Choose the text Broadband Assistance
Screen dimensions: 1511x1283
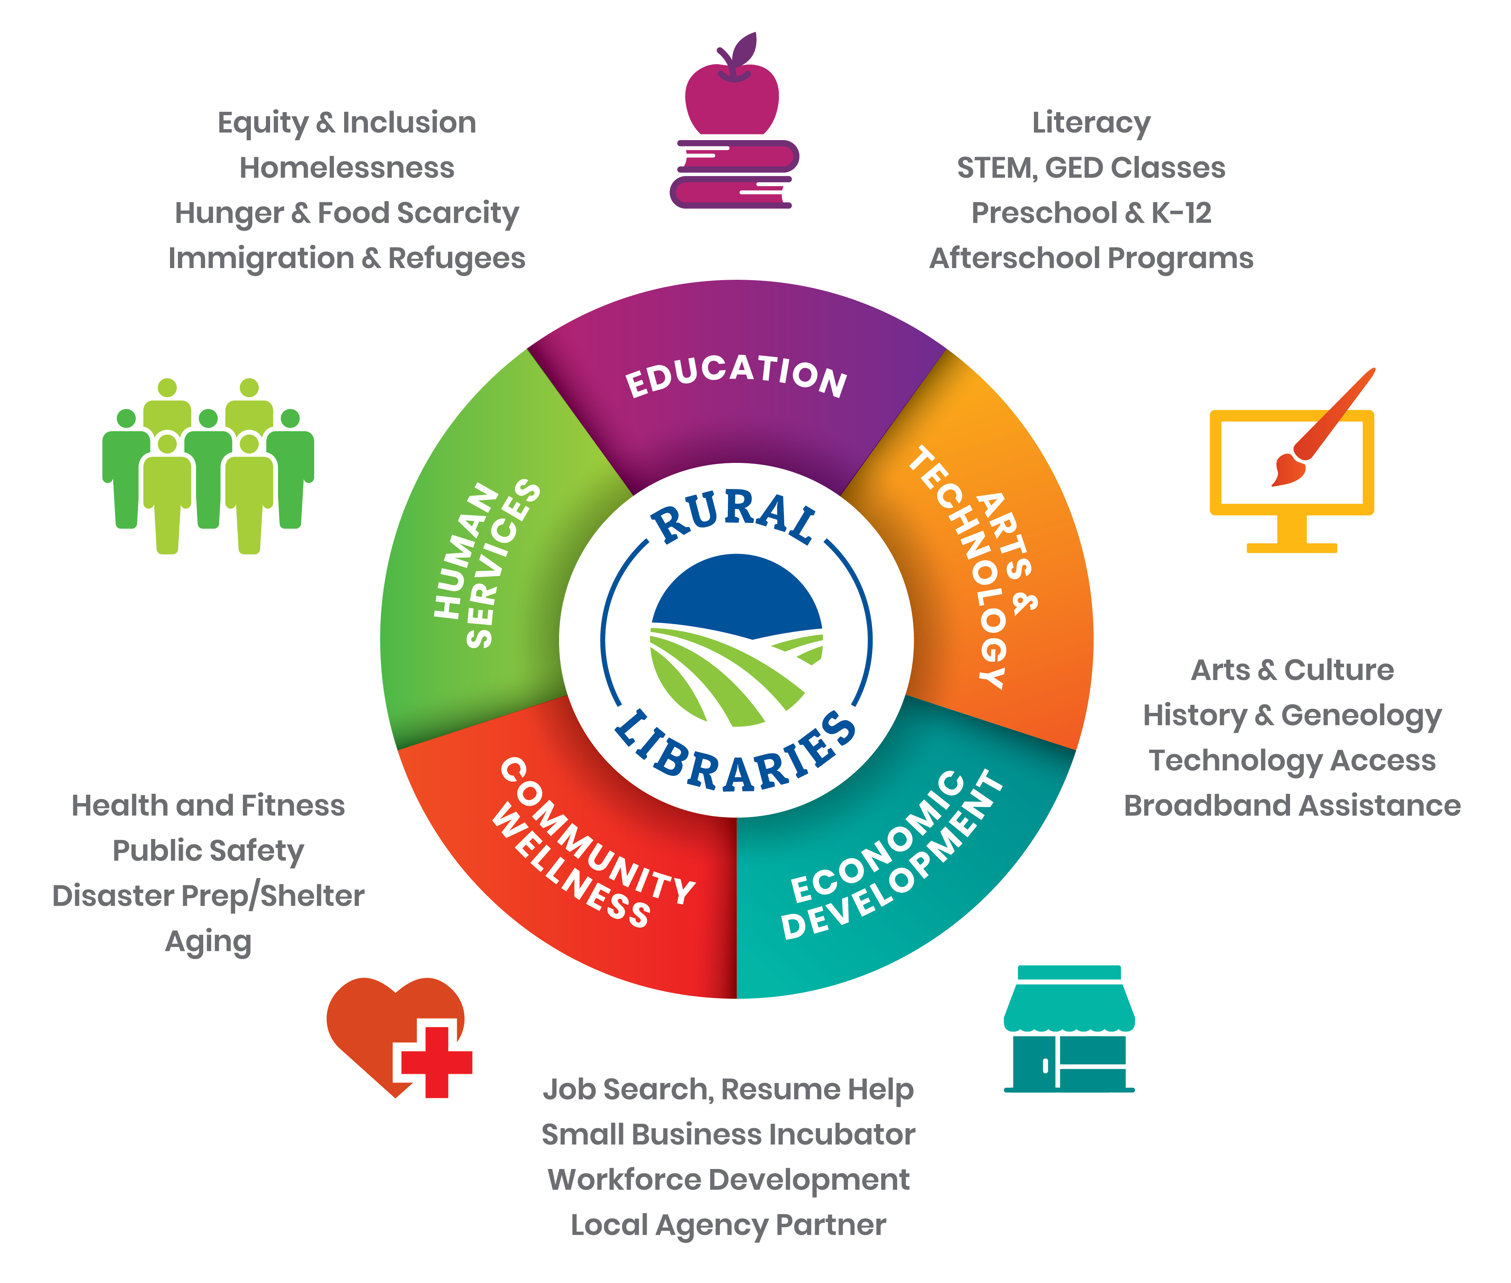pos(1292,805)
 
